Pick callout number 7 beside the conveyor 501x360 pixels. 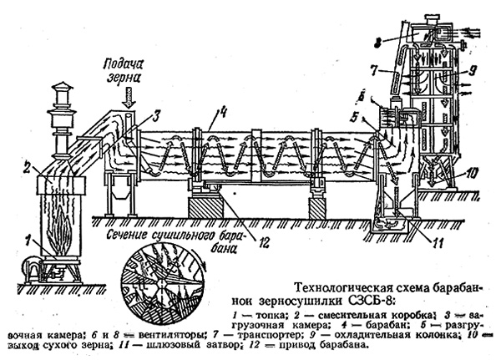(x=375, y=68)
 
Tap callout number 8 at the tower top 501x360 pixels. (x=377, y=40)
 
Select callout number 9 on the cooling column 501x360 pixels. (x=473, y=70)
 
